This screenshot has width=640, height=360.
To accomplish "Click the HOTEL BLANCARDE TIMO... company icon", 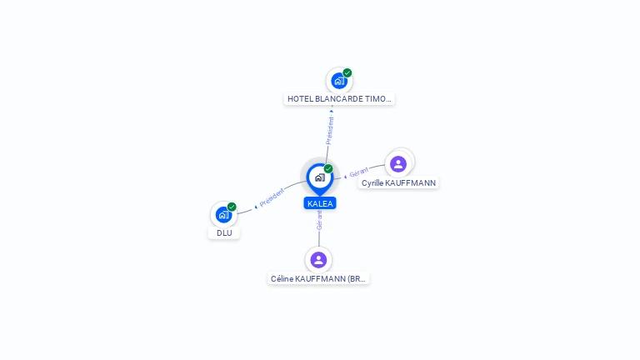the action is (339, 81).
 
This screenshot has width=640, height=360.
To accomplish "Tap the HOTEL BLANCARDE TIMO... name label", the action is (339, 99).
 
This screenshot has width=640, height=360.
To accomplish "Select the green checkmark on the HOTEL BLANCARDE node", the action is (347, 72).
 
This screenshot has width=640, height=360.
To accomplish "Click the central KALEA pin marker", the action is (320, 179).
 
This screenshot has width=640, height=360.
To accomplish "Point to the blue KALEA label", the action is (320, 203).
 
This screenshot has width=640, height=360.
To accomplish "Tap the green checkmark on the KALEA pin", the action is (328, 168).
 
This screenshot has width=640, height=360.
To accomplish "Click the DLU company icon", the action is (223, 215).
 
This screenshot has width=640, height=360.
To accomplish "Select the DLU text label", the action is (224, 233).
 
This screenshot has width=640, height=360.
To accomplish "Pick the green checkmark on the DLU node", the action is (232, 207).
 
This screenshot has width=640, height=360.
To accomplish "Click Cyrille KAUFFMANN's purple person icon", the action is (398, 164).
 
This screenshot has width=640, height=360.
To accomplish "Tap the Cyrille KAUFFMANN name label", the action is (398, 182).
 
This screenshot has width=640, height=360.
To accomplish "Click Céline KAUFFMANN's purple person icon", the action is (318, 260).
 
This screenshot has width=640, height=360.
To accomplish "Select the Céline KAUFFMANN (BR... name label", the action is (318, 279).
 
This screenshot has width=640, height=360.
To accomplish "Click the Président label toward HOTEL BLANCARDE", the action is (330, 130).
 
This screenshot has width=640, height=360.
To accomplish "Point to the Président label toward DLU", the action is (272, 197).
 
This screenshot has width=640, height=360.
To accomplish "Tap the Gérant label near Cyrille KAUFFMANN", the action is (359, 172).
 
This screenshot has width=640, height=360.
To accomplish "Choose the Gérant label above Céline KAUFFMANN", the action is (319, 220).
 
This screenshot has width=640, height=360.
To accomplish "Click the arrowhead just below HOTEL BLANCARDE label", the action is (332, 111).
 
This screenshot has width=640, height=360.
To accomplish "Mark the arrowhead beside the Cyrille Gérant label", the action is (345, 177).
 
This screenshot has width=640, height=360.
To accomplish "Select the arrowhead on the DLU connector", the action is (256, 207).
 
